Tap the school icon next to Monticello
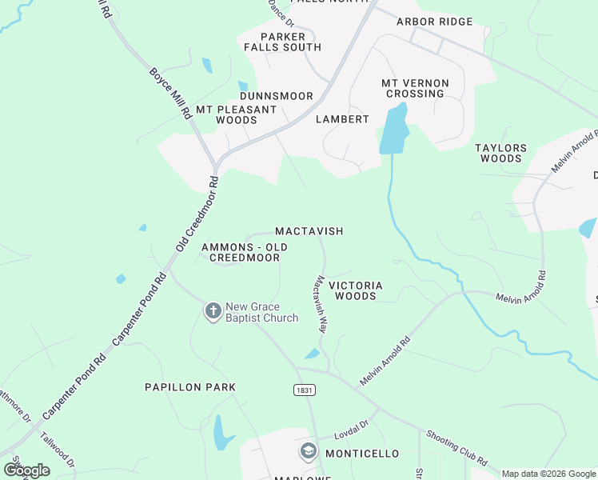(x=308, y=453)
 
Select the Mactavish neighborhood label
(x=309, y=231)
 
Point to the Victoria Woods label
(x=356, y=290)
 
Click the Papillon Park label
(x=189, y=387)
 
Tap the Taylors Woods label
(x=501, y=154)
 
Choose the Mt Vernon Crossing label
(x=415, y=88)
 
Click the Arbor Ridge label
(x=435, y=22)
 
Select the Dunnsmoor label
(x=277, y=96)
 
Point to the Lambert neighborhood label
(x=342, y=119)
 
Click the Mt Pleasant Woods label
(x=237, y=114)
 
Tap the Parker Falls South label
(x=283, y=42)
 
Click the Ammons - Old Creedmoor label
(x=244, y=253)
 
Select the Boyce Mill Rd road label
(x=171, y=93)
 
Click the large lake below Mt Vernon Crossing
(x=393, y=130)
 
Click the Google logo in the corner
(x=27, y=470)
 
